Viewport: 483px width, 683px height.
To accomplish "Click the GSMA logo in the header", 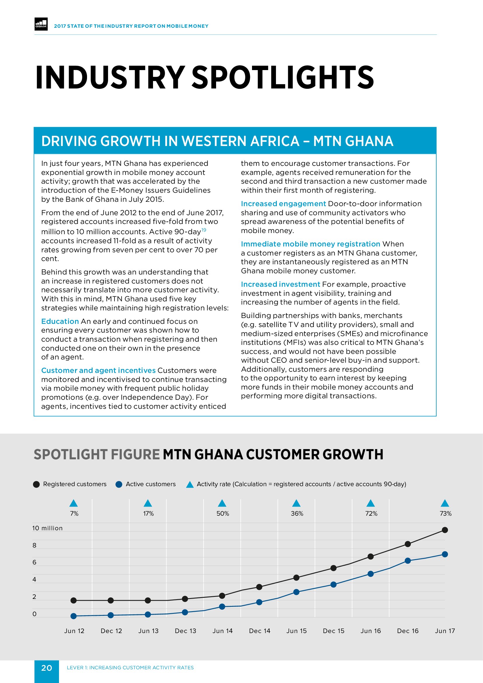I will [x=41, y=24].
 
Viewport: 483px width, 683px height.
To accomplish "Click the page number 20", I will [x=46, y=668].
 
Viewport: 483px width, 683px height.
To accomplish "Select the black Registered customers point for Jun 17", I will [x=445, y=530].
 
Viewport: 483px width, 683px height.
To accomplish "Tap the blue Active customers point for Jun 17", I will [x=445, y=554].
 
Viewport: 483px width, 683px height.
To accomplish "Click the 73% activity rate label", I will [x=445, y=513].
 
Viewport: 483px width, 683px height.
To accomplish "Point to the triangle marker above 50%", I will [x=222, y=503].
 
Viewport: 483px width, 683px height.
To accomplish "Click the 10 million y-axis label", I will [x=47, y=528].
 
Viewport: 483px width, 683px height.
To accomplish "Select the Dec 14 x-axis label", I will [x=259, y=631].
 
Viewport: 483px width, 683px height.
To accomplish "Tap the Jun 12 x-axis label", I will [x=74, y=631].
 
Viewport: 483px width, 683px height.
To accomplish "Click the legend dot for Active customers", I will [x=119, y=484].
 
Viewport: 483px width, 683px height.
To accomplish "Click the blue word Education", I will [x=60, y=321].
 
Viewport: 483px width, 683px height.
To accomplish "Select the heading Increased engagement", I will [x=283, y=204].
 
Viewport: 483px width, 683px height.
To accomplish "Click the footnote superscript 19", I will [x=204, y=230].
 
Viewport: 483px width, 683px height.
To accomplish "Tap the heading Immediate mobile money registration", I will [x=310, y=244].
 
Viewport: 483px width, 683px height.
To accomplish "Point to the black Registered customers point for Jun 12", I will [x=74, y=600].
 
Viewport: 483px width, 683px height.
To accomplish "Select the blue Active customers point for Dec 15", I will [x=333, y=585].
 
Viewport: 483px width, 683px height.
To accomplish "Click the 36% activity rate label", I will [x=297, y=513].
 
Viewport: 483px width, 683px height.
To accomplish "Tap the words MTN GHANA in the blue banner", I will [x=353, y=141].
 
